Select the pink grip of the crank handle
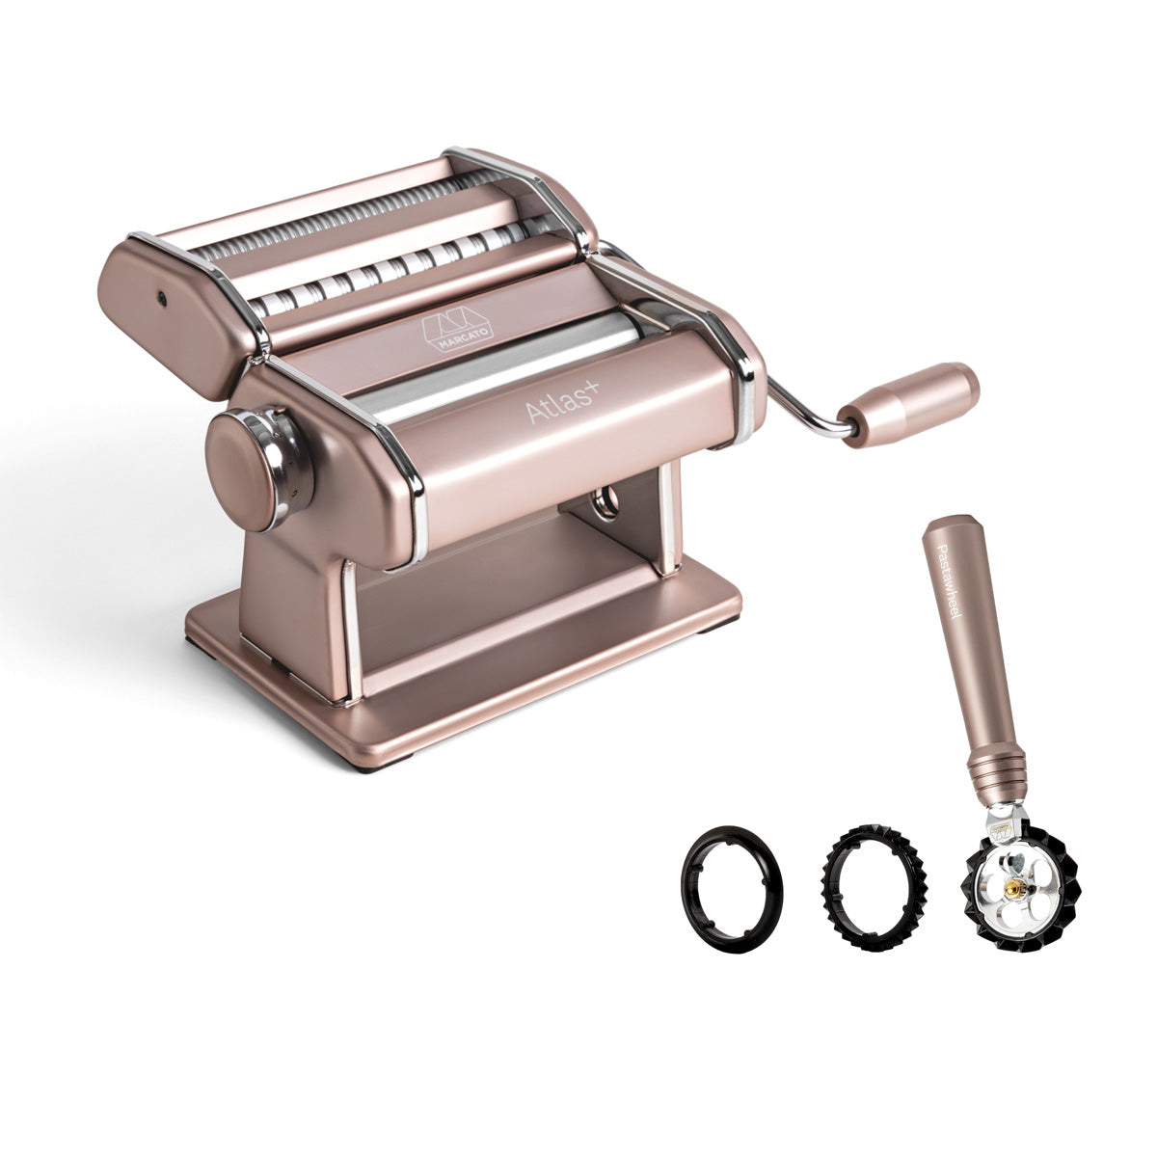(x=908, y=405)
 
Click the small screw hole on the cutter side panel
(x=162, y=296)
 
